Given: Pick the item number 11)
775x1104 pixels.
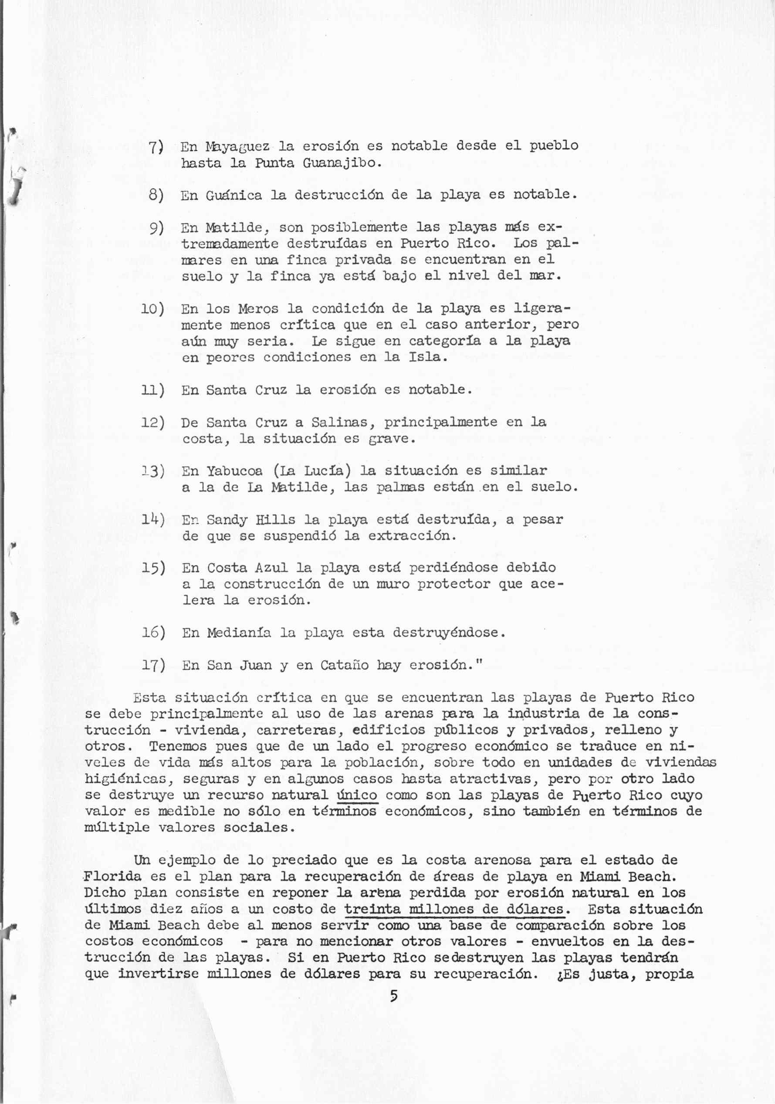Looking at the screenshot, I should pyautogui.click(x=153, y=389).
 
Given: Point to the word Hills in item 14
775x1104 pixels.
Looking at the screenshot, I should pyautogui.click(x=275, y=520).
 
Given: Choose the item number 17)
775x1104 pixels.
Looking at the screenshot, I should pyautogui.click(x=153, y=665).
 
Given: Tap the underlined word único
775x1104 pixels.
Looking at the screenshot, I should pyautogui.click(x=357, y=795).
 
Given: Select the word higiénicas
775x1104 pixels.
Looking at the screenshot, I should pyautogui.click(x=125, y=779).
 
